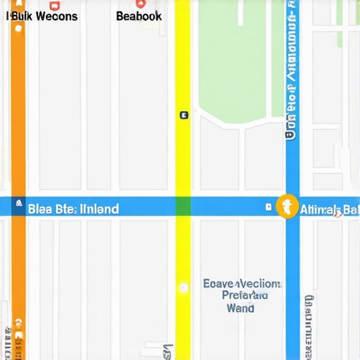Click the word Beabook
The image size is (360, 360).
coord(139,15)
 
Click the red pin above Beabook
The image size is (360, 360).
coord(139,4)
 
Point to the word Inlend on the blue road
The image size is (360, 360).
coord(99,208)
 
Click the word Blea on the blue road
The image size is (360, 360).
coord(41,208)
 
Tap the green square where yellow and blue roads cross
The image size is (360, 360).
coord(183,206)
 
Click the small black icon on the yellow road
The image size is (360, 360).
coord(184,115)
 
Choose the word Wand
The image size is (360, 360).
coord(241,308)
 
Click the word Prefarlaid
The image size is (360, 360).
coord(244,296)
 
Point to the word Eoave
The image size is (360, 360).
coord(221,283)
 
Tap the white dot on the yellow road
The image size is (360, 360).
coord(184,287)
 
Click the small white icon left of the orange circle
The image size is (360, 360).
coord(268,207)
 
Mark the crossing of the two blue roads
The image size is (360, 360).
coord(292,206)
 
